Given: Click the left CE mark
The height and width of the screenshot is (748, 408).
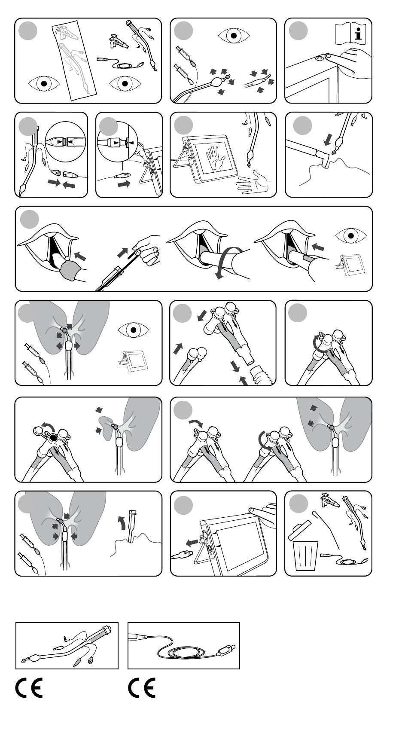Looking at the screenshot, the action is (29, 688).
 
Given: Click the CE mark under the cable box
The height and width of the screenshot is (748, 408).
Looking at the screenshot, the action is (142, 688).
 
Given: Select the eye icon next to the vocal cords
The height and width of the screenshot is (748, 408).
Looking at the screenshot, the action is (351, 235).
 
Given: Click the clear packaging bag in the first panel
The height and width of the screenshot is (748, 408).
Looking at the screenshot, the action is (76, 61).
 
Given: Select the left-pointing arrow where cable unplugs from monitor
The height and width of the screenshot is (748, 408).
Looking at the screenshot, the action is (191, 543).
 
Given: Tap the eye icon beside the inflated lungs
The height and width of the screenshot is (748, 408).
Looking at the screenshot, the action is (134, 330).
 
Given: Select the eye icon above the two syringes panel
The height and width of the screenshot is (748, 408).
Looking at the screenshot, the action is (234, 35).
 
